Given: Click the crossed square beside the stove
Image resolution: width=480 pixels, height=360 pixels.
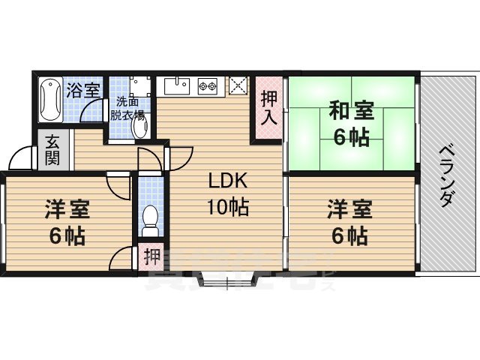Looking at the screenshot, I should [238, 86].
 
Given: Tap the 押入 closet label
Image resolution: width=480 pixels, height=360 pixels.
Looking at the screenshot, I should [269, 107].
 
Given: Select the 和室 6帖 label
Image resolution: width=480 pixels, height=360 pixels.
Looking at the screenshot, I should [350, 124].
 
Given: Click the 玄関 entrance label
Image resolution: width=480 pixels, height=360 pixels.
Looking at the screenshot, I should [52, 150].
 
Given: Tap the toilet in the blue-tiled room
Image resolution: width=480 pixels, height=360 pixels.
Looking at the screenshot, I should [149, 217].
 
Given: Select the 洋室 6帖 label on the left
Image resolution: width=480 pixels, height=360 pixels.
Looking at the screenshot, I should [67, 223].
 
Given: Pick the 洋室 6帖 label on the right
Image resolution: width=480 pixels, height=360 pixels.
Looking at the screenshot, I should [350, 222].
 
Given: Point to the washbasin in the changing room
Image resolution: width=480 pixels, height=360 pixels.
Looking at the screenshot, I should [139, 127].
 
